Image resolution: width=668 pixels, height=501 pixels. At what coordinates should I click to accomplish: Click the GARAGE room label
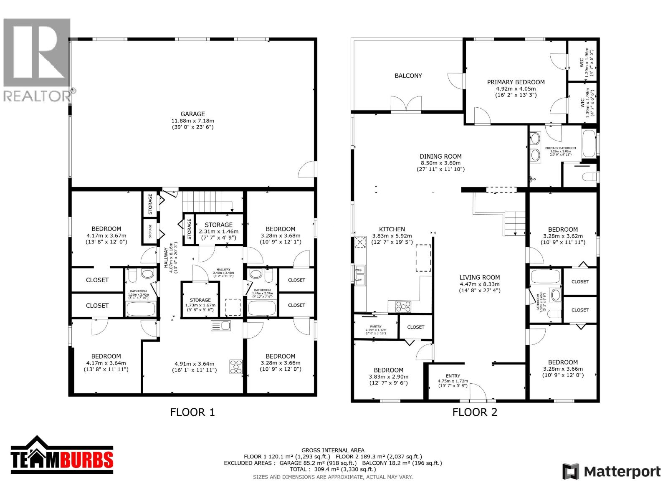pyautogui.click(x=192, y=114)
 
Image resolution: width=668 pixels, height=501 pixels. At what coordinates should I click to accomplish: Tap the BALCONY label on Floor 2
pyautogui.click(x=408, y=76)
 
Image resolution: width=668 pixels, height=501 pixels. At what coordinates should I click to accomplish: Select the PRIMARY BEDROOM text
pyautogui.click(x=516, y=82)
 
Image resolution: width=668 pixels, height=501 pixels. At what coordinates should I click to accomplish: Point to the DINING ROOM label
pyautogui.click(x=440, y=157)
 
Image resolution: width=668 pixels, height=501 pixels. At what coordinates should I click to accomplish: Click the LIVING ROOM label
pyautogui.click(x=479, y=277)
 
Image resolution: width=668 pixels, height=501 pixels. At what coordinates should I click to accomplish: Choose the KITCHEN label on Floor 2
pyautogui.click(x=392, y=229)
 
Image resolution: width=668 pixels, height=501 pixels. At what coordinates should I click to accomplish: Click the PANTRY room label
pyautogui.click(x=376, y=326)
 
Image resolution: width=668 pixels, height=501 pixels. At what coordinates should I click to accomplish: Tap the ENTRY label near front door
pyautogui.click(x=453, y=376)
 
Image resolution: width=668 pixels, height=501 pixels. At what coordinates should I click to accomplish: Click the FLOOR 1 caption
pyautogui.click(x=192, y=412)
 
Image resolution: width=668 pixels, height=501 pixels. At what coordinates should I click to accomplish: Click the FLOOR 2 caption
pyautogui.click(x=475, y=412)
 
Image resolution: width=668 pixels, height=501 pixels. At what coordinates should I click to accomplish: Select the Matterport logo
pyautogui.click(x=612, y=472)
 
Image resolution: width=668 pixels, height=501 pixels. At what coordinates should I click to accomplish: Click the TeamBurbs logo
pyautogui.click(x=62, y=455)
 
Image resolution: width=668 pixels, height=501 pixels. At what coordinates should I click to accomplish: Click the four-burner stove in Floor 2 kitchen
pyautogui.click(x=403, y=306)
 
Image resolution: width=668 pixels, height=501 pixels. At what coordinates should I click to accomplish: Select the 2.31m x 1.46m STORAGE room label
pyautogui.click(x=218, y=225)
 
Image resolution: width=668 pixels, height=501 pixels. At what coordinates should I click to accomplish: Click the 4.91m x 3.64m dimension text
pyautogui.click(x=194, y=363)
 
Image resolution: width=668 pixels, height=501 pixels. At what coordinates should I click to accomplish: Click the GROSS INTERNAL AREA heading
pyautogui.click(x=333, y=450)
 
